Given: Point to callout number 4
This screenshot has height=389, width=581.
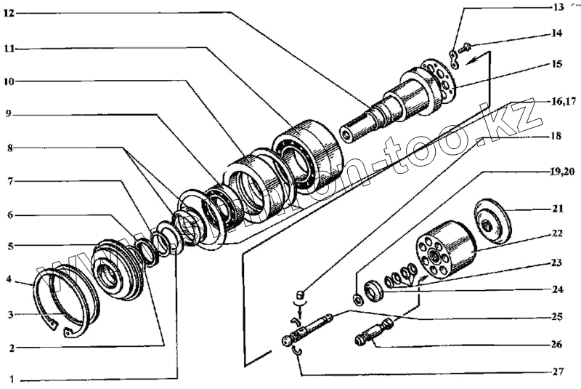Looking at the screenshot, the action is point(8,278).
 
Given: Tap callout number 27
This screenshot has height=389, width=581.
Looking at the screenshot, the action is point(558,372).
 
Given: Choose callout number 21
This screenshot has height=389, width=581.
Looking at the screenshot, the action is point(558,209).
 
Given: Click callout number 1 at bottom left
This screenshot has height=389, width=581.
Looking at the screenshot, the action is point(9,379).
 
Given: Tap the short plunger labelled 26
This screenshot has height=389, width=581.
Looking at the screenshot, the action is point(375,334).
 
